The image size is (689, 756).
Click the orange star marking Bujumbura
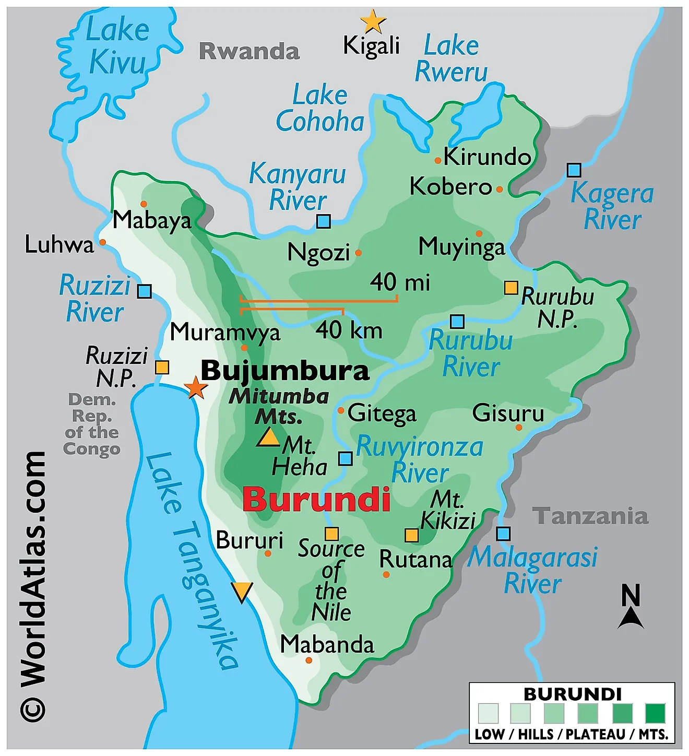click(196, 387)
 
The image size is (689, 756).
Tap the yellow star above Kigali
click(373, 22)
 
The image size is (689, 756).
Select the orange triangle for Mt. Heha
click(269, 438)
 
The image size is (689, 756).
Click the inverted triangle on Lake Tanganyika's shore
click(242, 592)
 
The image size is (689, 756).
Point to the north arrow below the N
click(631, 619)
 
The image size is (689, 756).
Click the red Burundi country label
click(316, 499)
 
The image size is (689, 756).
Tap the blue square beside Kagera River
click(574, 170)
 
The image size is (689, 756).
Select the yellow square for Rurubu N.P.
click(511, 288)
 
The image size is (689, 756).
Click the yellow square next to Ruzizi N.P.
click(162, 367)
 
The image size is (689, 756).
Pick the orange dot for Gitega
click(341, 411)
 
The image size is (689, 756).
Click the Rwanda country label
click(250, 51)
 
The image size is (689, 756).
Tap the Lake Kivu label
click(117, 46)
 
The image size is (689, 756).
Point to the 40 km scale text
click(349, 330)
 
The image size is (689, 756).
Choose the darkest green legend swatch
click(655, 713)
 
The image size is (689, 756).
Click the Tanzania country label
click(590, 516)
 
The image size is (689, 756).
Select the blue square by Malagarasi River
click(503, 534)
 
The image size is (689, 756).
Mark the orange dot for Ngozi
click(359, 253)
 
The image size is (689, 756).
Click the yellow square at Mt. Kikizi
click(412, 535)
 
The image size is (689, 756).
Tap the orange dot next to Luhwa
click(103, 242)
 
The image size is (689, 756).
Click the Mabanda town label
click(327, 644)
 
